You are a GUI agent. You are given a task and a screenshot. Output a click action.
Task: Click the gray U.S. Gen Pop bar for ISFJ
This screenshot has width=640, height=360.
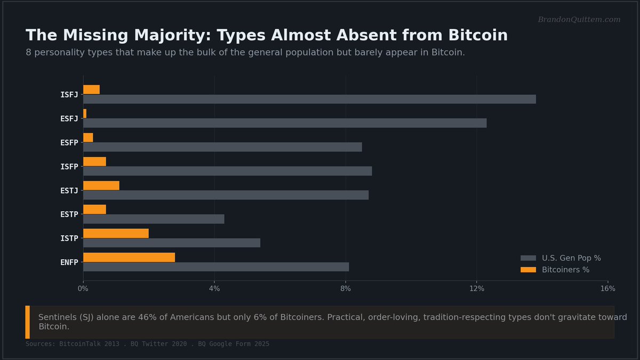(x=309, y=99)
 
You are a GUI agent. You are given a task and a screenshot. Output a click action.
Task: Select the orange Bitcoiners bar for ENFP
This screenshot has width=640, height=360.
(x=129, y=258)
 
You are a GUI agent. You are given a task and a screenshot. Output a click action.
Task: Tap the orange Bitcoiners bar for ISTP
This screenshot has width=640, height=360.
(x=116, y=234)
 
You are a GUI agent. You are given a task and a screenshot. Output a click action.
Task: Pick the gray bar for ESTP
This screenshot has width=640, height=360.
(x=154, y=219)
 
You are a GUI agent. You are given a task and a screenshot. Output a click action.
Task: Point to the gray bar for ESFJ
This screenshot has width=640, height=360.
(x=285, y=123)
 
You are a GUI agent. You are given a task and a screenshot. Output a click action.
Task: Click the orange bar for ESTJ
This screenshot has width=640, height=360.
(x=101, y=186)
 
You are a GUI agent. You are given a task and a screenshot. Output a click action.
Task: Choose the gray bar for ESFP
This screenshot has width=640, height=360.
(x=222, y=147)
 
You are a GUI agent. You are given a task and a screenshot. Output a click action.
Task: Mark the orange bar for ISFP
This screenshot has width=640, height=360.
(x=94, y=162)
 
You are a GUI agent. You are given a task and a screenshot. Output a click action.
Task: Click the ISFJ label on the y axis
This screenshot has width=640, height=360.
(x=69, y=95)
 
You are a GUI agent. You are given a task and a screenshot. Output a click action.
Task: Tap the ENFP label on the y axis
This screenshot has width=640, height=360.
(x=69, y=262)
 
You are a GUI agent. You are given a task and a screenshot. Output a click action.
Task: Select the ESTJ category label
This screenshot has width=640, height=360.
(x=69, y=190)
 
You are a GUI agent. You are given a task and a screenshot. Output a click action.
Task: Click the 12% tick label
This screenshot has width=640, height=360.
(x=477, y=289)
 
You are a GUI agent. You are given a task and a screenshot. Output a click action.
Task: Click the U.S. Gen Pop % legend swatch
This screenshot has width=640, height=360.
(x=528, y=258)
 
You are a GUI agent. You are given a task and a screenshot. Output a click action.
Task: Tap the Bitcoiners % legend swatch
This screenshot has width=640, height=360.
(x=528, y=270)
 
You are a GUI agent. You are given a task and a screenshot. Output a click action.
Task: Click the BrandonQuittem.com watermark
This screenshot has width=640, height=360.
(x=579, y=19)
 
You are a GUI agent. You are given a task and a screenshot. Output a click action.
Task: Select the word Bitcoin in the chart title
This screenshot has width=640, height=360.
(x=478, y=35)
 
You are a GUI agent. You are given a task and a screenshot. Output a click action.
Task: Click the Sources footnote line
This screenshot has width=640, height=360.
(x=147, y=343)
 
